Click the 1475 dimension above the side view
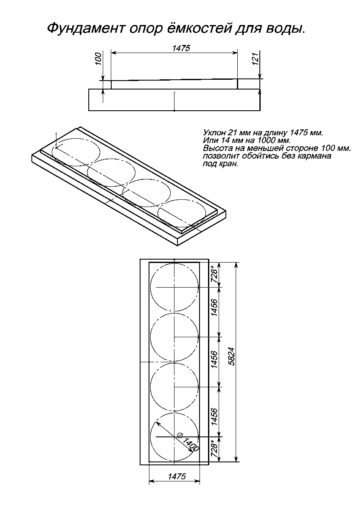coord(181,48)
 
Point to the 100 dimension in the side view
coord(98,59)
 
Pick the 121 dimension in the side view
coord(256,59)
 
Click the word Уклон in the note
coord(211,133)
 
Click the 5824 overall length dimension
coord(231,357)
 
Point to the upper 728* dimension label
coord(215,274)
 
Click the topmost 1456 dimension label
coord(214,308)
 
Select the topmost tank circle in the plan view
coord(174,263)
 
